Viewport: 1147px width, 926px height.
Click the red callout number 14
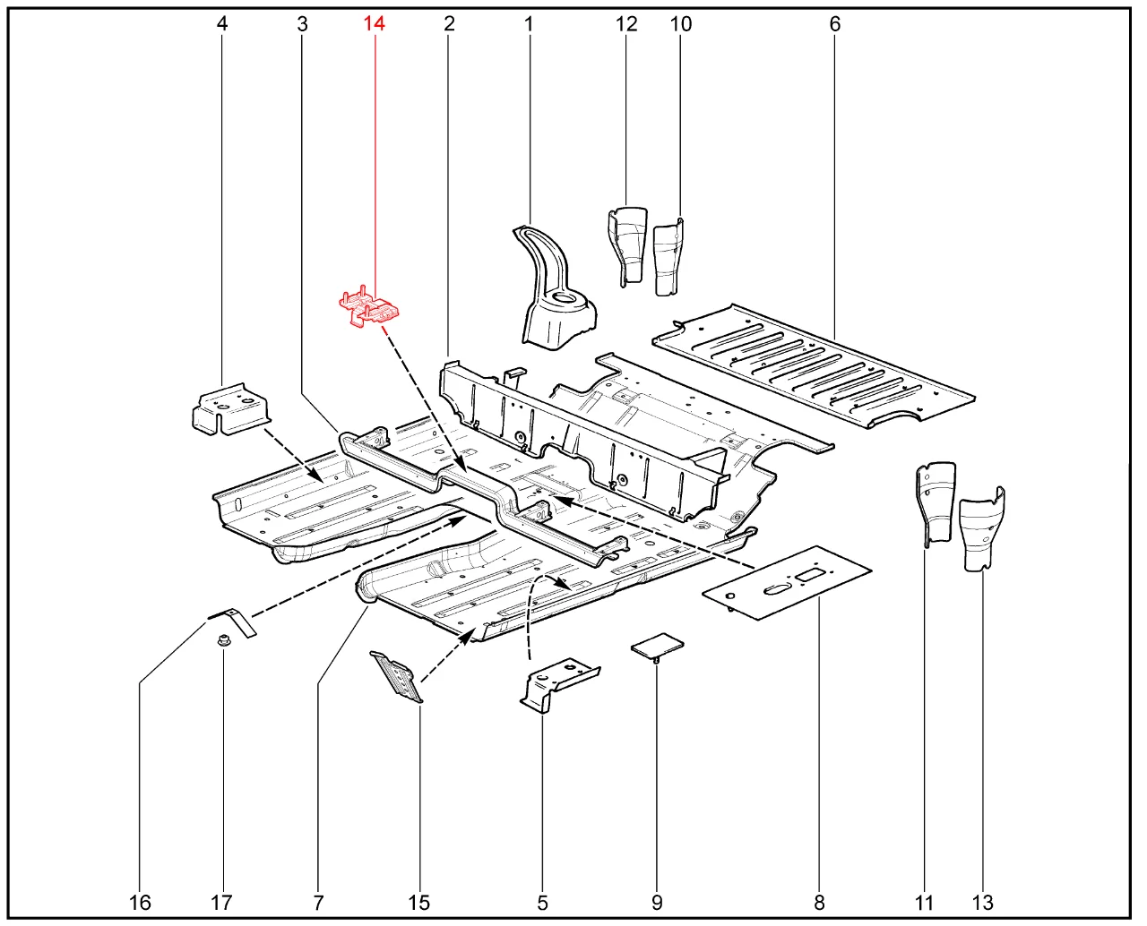[x=374, y=24]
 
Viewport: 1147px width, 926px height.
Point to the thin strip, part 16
[x=233, y=620]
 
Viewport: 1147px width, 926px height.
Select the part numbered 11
[x=934, y=501]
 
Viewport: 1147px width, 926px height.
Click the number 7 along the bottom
[x=318, y=903]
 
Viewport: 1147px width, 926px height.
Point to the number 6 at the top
[x=835, y=24]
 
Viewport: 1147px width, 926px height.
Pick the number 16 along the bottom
[x=140, y=903]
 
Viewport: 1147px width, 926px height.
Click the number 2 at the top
[x=449, y=24]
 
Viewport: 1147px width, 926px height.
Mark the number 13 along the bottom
[x=982, y=903]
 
